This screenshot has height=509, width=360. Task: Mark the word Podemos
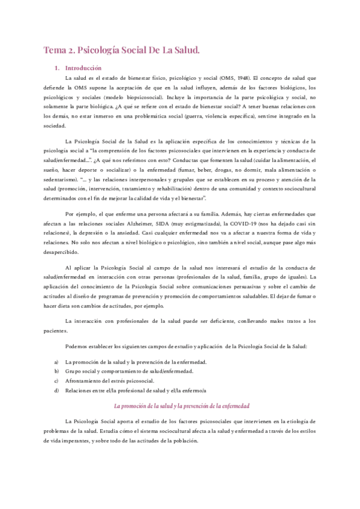point(76,347)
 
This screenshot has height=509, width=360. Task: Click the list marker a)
point(56,362)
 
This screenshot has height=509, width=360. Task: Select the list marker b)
point(56,372)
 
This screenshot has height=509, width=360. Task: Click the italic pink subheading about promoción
point(181,406)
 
